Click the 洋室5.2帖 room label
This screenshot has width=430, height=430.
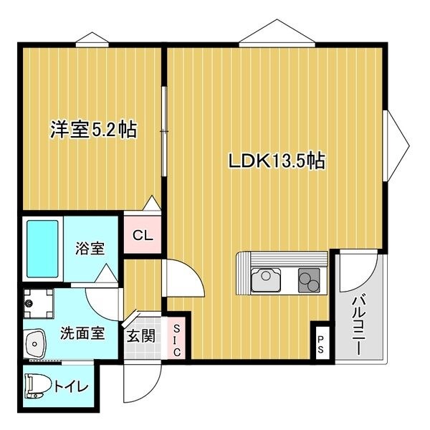93,130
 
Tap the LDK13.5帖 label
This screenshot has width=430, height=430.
277,161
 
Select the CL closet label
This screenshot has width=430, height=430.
143,235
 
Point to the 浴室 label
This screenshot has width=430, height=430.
90,248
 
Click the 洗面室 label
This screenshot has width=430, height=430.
82,333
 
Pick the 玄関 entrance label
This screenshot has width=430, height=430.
141,335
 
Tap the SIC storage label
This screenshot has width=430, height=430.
177,340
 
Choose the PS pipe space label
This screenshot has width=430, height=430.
320,344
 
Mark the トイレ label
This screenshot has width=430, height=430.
72,387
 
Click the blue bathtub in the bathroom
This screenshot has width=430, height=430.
42,249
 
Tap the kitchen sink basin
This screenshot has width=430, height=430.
266,279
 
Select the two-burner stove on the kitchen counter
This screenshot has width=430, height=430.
309,279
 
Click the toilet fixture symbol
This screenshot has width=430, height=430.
37,386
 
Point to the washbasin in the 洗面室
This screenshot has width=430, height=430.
35,344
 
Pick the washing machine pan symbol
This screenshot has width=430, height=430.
38,303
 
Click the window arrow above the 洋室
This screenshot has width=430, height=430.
92,38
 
